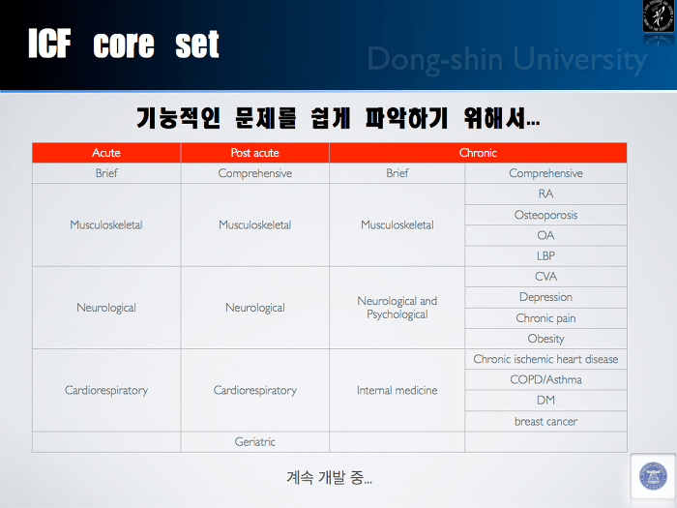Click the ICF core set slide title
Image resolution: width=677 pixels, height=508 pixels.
tap(124, 44)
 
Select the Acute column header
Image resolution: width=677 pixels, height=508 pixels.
tap(106, 153)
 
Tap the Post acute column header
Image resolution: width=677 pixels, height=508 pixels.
tap(254, 153)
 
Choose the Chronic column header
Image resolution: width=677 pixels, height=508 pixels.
tap(478, 153)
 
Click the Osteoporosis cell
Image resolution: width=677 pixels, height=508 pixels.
tap(545, 215)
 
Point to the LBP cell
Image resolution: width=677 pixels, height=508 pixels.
tap(545, 255)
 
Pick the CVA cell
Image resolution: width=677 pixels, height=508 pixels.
tap(545, 277)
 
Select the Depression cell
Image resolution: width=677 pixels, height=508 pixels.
tap(545, 297)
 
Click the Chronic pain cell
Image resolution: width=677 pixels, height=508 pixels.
tap(545, 318)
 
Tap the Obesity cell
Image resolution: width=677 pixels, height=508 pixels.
tap(545, 339)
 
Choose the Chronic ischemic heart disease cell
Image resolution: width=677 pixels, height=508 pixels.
tap(545, 359)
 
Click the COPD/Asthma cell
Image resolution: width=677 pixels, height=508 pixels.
tap(545, 379)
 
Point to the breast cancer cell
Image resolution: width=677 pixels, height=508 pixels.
tap(545, 421)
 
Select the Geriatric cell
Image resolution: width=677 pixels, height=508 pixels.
tap(254, 442)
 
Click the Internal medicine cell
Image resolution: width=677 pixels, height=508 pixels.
tap(397, 391)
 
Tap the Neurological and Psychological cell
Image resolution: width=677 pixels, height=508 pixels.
tap(397, 308)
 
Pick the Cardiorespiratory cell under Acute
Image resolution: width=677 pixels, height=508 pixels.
tap(106, 391)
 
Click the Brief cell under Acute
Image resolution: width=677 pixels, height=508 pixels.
tap(106, 173)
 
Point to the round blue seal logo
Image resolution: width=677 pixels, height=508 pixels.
tap(653, 476)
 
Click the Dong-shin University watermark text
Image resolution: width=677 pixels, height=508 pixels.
tap(508, 59)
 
